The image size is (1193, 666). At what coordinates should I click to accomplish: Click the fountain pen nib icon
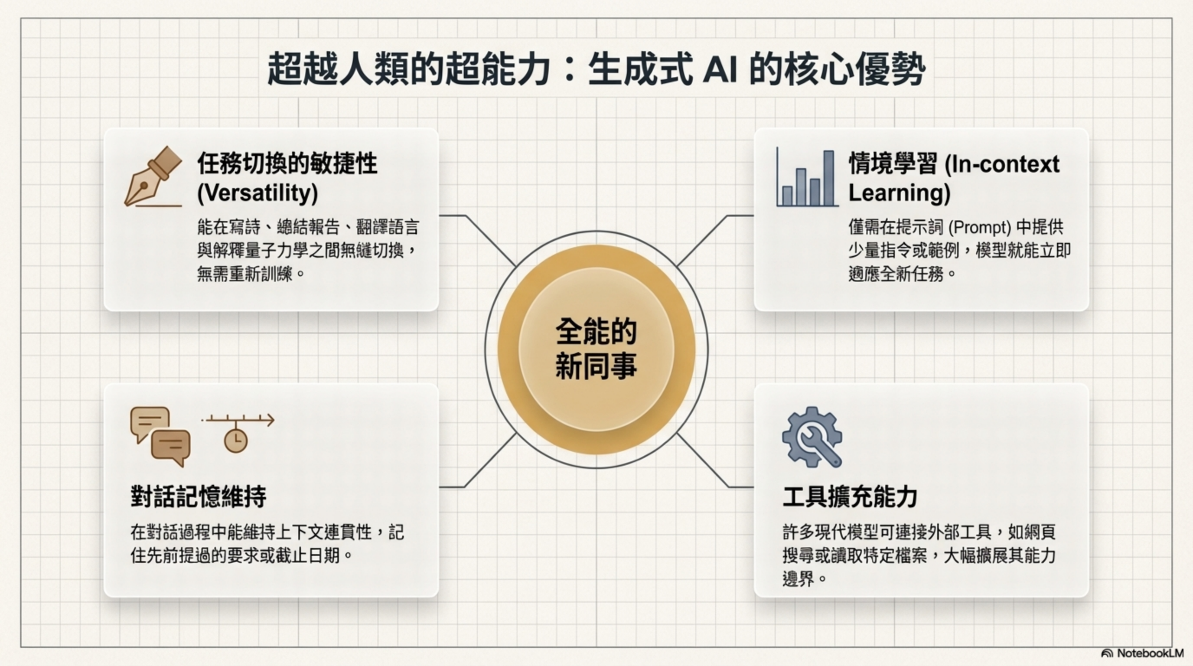(x=153, y=177)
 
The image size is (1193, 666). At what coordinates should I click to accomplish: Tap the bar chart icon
(x=807, y=178)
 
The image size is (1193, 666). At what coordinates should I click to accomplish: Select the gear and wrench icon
(x=812, y=437)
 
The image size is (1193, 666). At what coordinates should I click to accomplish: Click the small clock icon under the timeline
(x=236, y=441)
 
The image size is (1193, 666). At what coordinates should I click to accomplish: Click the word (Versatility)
(x=258, y=193)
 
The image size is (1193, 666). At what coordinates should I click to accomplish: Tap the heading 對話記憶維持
(x=198, y=497)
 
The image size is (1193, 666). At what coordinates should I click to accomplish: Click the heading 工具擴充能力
(x=850, y=497)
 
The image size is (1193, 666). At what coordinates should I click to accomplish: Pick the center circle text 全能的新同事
(x=596, y=349)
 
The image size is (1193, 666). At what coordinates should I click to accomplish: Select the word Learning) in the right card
(x=899, y=193)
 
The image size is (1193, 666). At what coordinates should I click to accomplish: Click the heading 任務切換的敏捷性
(x=287, y=163)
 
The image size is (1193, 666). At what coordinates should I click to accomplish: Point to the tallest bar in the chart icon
(x=828, y=178)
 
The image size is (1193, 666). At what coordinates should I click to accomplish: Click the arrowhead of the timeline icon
(x=270, y=420)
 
